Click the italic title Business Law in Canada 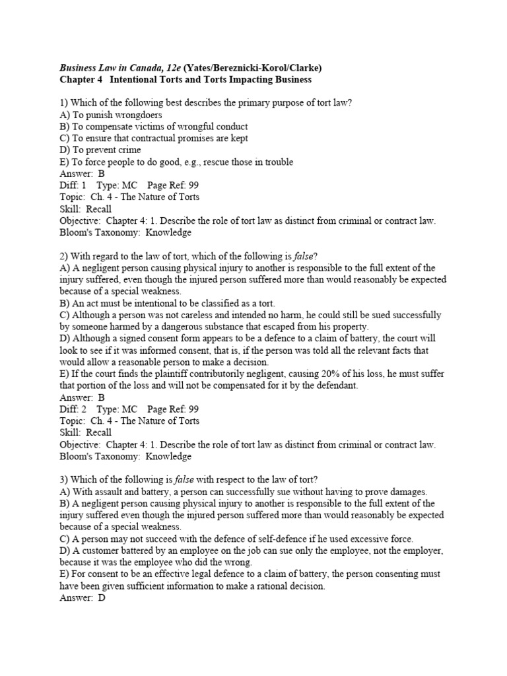(x=116, y=67)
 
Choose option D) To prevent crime (x=100, y=150)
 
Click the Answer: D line (x=82, y=597)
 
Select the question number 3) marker (x=64, y=479)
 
